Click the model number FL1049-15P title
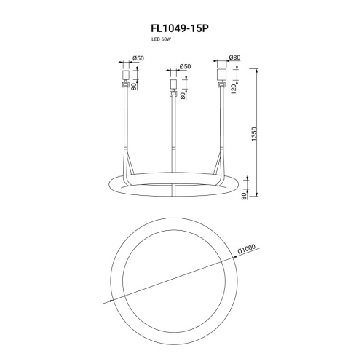tap(180, 28)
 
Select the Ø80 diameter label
tap(234, 58)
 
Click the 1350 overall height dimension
tap(254, 134)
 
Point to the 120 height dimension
tap(234, 90)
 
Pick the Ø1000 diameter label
tap(247, 249)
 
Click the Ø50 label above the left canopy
tap(138, 58)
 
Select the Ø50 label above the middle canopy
tap(186, 66)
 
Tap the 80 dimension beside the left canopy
tap(134, 87)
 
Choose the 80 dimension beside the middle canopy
tap(183, 95)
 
